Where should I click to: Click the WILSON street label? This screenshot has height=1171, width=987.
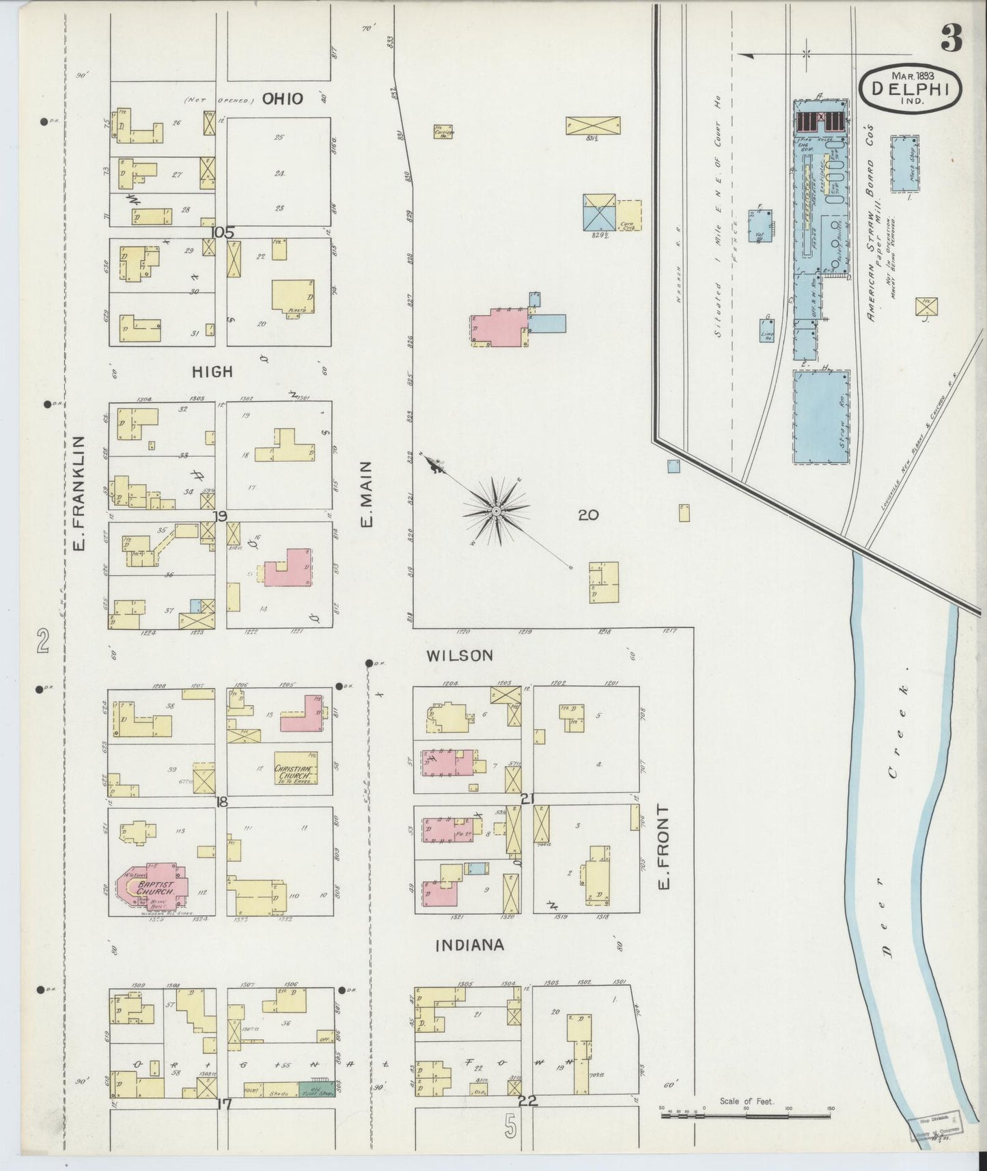(x=459, y=656)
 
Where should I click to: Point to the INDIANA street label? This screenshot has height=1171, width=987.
(x=469, y=945)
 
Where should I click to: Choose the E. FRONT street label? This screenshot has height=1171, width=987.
(x=663, y=846)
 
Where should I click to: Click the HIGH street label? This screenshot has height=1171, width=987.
(x=212, y=372)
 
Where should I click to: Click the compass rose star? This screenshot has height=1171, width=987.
(x=497, y=510)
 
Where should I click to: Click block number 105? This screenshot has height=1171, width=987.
(x=222, y=232)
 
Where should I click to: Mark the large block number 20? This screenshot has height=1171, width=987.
(x=588, y=515)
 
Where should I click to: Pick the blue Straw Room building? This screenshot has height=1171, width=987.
(x=820, y=417)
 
